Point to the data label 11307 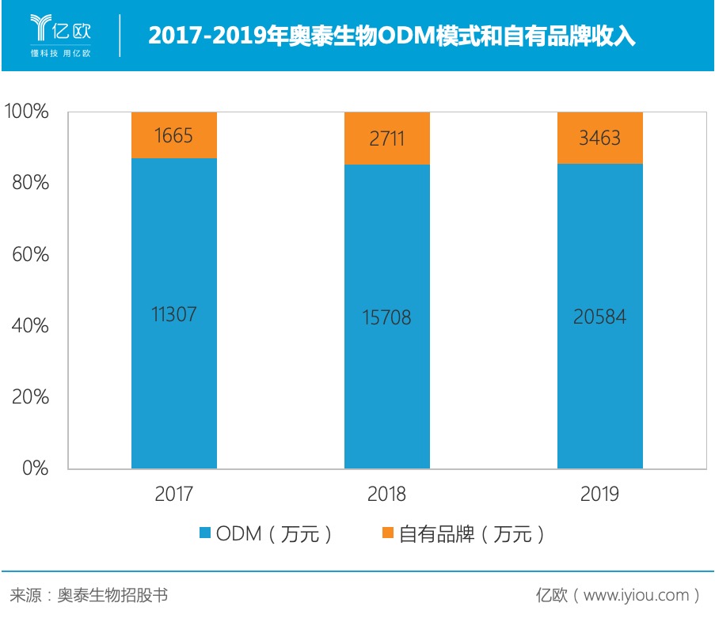174,314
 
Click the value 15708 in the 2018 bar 387,317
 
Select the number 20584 600,317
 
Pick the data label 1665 174,135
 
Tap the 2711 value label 387,138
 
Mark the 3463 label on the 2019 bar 600,138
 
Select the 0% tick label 36,468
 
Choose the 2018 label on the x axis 387,495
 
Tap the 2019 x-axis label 600,495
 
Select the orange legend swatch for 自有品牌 387,534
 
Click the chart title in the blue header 392,36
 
